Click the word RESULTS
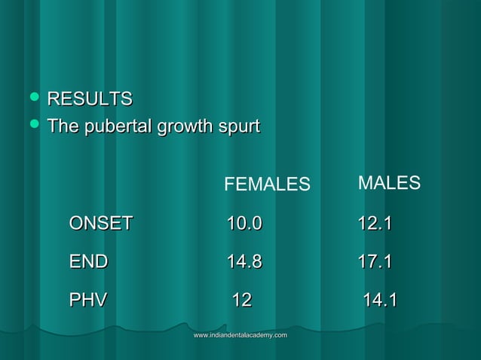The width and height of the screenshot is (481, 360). pos(90,99)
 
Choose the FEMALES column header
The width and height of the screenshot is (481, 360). pos(267,185)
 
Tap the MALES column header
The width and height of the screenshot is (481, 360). pos(389,183)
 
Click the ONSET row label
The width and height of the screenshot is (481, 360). pos(101,223)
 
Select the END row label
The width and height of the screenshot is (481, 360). pos(88,262)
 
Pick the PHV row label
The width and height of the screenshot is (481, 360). pos(87,301)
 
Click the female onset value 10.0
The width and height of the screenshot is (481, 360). pos(245,223)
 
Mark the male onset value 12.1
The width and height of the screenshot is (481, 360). pos(375,223)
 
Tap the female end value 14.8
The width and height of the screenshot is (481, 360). pos(245,262)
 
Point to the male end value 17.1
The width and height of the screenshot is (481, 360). pos(375,262)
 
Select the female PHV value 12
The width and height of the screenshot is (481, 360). pos(241,301)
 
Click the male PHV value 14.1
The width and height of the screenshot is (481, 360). pos(380,301)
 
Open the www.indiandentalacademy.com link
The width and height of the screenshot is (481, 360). pos(240,334)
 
